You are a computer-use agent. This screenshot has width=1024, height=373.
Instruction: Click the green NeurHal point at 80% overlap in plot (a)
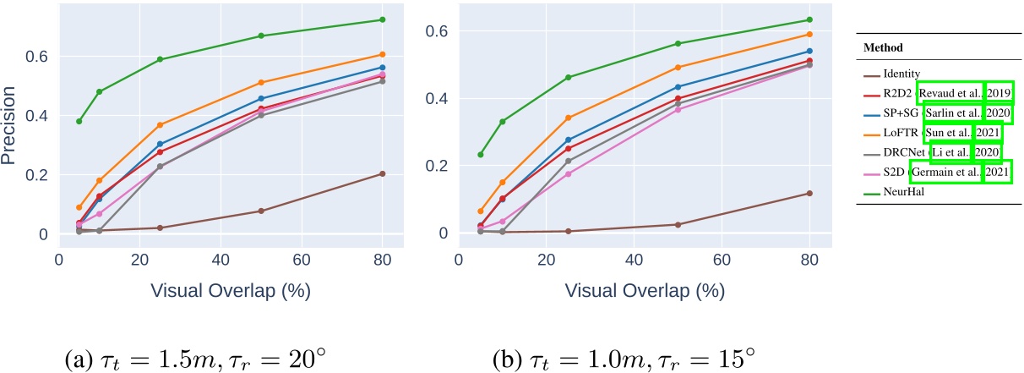pyautogui.click(x=383, y=19)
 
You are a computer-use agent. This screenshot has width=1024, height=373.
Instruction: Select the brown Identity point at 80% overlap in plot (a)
pyautogui.click(x=383, y=173)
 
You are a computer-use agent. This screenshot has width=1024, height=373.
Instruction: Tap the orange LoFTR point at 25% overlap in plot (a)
pyautogui.click(x=160, y=125)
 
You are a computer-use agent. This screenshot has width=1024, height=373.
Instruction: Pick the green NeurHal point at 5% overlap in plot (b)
pyautogui.click(x=481, y=154)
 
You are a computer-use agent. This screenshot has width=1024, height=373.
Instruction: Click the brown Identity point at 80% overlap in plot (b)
pyautogui.click(x=810, y=194)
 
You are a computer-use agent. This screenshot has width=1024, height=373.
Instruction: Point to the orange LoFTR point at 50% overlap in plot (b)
pyautogui.click(x=678, y=68)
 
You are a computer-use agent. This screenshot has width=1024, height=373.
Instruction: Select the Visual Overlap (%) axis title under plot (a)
pyautogui.click(x=231, y=290)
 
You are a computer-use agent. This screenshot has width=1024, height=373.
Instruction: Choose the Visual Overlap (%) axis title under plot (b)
pyautogui.click(x=645, y=290)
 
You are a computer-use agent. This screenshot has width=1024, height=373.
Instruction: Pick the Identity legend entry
pyautogui.click(x=885, y=74)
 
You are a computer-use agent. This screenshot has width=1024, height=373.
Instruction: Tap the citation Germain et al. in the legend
pyautogui.click(x=945, y=173)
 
